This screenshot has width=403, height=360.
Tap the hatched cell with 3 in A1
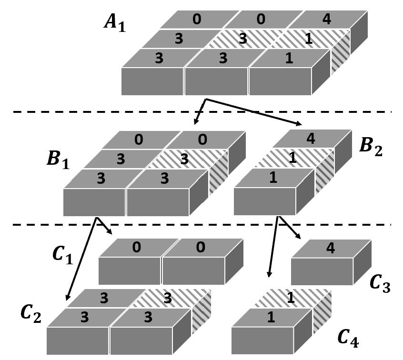click(242, 39)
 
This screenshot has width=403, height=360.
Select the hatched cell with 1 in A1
click(309, 39)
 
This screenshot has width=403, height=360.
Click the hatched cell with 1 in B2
click(292, 158)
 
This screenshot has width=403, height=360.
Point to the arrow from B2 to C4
click(273, 248)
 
